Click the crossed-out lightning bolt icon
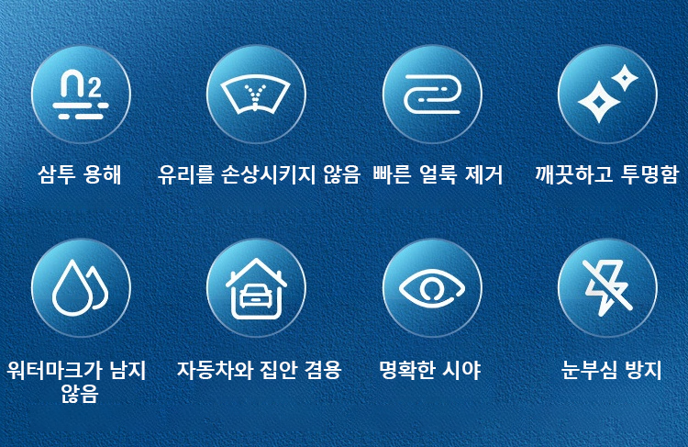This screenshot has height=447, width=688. point(607,286)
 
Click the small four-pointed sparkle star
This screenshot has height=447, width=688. point(625,79)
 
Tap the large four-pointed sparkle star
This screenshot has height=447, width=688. point(598,102)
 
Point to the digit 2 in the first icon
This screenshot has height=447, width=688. point(94,88)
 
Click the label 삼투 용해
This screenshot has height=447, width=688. point(80,174)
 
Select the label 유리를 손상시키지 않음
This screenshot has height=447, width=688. point(259,174)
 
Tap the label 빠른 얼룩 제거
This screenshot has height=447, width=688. point(438,174)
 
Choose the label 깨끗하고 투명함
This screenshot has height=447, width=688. point(606,174)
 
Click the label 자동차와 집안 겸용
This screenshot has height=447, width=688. point(259,370)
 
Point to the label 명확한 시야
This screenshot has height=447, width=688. point(429,370)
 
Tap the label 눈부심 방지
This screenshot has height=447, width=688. point(611,370)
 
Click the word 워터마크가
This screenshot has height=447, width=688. point(52,370)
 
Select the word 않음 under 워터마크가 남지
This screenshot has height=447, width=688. point(80,394)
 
